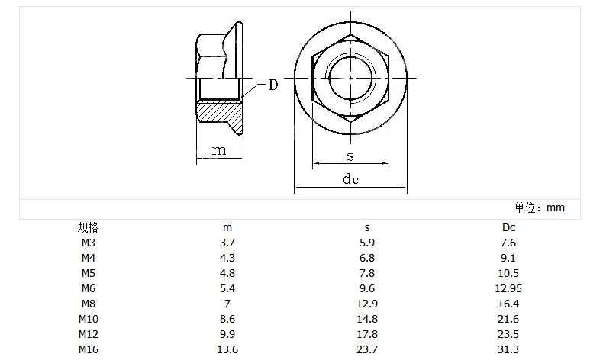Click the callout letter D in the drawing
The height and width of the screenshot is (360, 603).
point(273,85)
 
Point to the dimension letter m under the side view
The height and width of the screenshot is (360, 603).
point(219,150)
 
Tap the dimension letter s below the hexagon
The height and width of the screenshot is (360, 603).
point(350,156)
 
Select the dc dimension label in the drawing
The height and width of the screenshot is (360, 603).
point(350,179)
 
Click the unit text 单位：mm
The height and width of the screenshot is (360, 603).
point(540,208)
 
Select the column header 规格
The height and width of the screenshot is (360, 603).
point(88,227)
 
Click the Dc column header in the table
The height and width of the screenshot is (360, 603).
point(508,227)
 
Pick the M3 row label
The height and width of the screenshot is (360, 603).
point(88,243)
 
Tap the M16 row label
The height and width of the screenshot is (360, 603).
point(89,349)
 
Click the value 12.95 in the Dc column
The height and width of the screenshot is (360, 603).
point(508,288)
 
